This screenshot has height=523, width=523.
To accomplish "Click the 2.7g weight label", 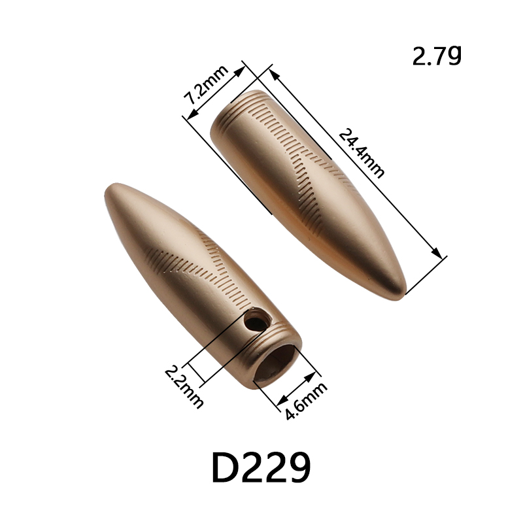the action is [437, 56].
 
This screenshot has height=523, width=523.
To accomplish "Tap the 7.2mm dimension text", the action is [206, 85].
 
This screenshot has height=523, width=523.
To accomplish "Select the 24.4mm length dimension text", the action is [362, 153].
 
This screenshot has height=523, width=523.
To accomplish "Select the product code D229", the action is [261, 467].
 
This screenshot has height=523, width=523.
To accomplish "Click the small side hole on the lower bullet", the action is [255, 322].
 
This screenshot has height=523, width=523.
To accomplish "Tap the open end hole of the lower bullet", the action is [276, 363].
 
